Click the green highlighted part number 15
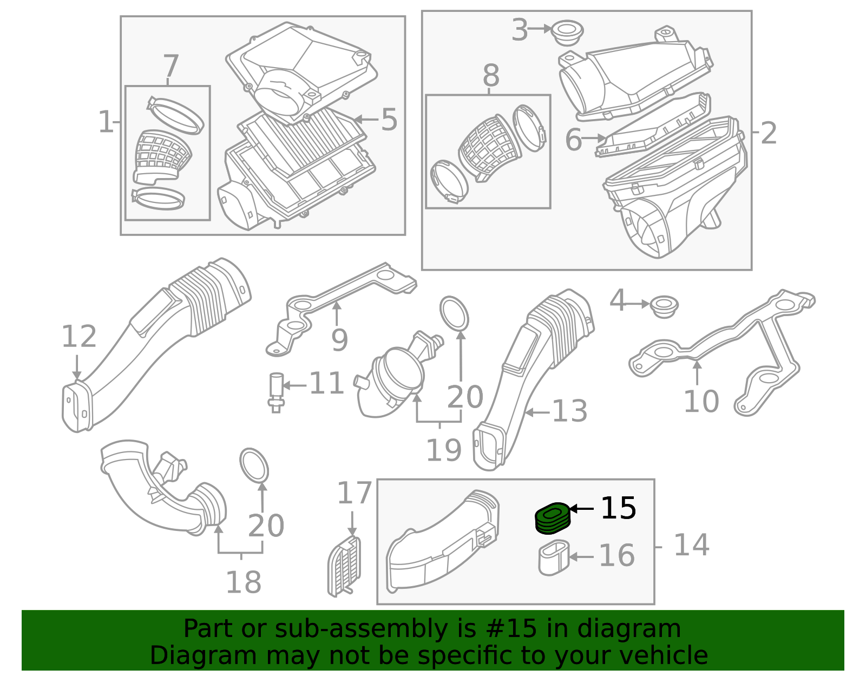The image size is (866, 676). click(553, 519)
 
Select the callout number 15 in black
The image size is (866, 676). click(618, 508)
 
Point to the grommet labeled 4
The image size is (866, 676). click(664, 306)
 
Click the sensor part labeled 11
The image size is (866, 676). click(276, 392)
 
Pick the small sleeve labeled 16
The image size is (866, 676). click(554, 557)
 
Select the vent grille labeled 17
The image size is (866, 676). click(344, 566)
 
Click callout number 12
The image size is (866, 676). click(79, 337)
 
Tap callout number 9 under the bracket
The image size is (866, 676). click(339, 340)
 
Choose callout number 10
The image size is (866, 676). click(701, 401)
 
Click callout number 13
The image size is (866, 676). click(569, 411)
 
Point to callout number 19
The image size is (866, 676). click(444, 450)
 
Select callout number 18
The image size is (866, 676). click(244, 582)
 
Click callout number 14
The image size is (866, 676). click(691, 545)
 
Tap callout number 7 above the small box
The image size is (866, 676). click(170, 65)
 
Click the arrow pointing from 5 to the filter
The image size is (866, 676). click(366, 119)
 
